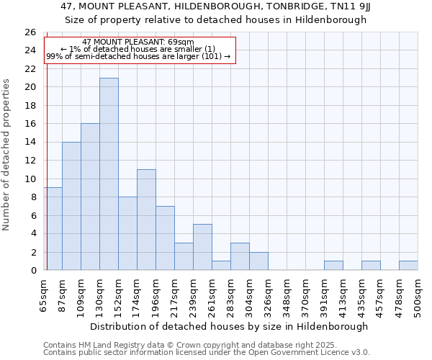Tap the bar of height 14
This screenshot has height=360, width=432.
71,206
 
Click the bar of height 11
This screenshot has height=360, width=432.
146,220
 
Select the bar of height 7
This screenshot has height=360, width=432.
165,238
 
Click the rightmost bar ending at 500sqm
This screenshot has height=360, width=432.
408,266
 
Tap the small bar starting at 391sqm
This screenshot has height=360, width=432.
333,266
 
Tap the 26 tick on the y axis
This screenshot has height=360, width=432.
30,32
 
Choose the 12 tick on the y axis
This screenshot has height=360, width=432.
30,161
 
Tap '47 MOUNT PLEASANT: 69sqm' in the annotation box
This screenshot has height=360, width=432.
138,42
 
